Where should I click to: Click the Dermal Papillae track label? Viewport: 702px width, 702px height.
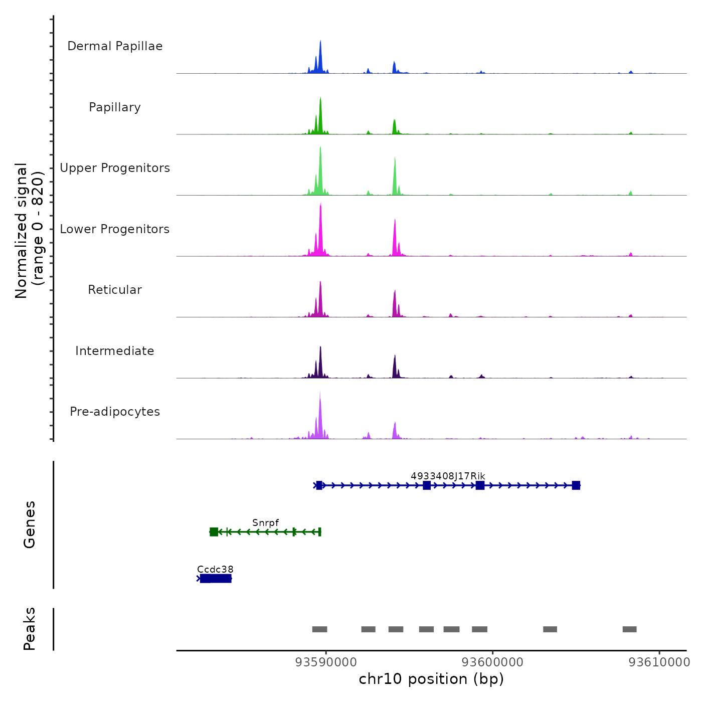point(115,46)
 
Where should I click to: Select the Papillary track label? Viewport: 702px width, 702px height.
point(115,107)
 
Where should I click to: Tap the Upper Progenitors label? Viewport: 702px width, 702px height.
point(115,168)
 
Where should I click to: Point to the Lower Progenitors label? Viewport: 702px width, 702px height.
point(115,229)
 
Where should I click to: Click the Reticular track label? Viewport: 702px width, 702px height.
point(115,290)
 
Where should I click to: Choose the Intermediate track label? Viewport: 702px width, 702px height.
point(115,351)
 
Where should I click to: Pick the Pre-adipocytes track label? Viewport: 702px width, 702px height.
point(115,412)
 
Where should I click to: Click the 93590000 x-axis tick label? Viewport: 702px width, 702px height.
point(326,662)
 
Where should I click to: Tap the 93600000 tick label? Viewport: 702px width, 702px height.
point(492,662)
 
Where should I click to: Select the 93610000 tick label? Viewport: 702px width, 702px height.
point(659,662)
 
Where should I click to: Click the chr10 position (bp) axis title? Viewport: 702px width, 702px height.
point(431,679)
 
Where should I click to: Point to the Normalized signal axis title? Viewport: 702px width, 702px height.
point(29,231)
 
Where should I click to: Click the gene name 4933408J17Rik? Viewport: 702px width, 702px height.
point(448,476)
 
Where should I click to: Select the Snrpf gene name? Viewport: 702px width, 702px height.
point(265,522)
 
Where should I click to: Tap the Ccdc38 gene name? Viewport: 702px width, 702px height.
point(215,569)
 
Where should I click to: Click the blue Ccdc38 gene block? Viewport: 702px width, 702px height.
point(216,579)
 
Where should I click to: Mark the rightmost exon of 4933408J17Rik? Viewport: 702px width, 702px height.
point(576,485)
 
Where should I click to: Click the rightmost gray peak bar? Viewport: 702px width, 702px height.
point(629,629)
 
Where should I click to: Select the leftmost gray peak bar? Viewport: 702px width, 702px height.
point(319,629)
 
